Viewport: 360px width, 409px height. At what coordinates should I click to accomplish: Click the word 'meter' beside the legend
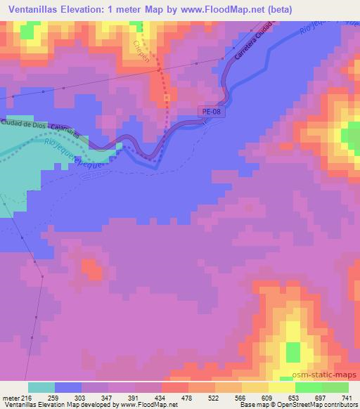[10, 398]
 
